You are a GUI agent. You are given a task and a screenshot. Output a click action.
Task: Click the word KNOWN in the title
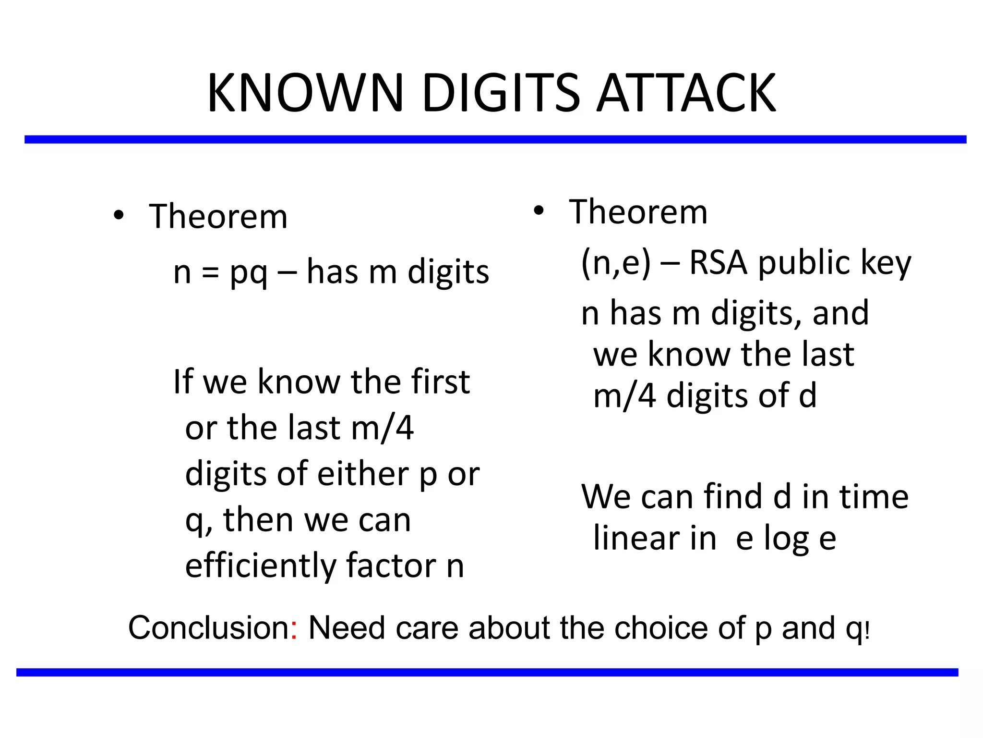click(x=305, y=93)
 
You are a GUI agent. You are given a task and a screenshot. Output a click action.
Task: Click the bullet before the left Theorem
click(x=119, y=216)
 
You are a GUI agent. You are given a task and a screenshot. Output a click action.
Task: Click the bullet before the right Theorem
click(x=539, y=211)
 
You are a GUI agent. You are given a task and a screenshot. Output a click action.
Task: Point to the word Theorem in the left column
click(x=218, y=217)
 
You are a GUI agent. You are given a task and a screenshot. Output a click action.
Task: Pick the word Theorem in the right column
click(x=638, y=212)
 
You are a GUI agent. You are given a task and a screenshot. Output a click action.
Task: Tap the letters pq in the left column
click(x=248, y=274)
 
